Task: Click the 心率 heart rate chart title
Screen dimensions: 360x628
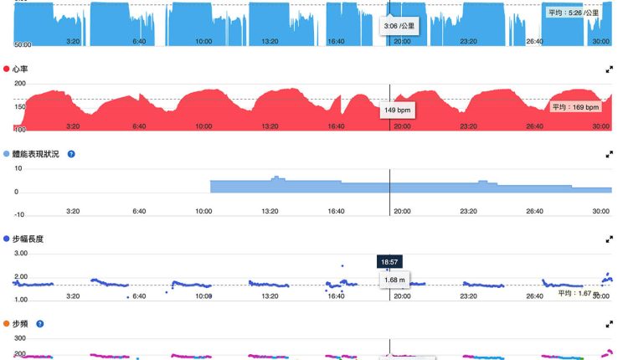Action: tap(21, 68)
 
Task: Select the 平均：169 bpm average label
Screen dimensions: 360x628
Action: tap(575, 107)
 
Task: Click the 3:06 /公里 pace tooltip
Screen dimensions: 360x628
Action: tap(398, 26)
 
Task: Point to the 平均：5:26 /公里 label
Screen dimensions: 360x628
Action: tap(574, 13)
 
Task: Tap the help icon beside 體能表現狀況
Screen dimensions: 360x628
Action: tap(71, 154)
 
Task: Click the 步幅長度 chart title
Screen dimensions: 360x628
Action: tap(28, 239)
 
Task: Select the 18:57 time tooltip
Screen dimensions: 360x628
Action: tap(389, 262)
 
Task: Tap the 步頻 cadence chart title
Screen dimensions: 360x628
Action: tap(21, 323)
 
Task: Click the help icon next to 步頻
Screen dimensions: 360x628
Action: tap(39, 323)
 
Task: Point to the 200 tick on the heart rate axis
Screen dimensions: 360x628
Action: tap(19, 84)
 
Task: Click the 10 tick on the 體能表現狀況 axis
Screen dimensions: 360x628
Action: tap(18, 168)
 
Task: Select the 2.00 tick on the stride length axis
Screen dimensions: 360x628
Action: tap(21, 277)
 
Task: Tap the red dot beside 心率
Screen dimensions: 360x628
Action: tap(7, 68)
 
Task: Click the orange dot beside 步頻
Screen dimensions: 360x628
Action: tap(7, 323)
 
